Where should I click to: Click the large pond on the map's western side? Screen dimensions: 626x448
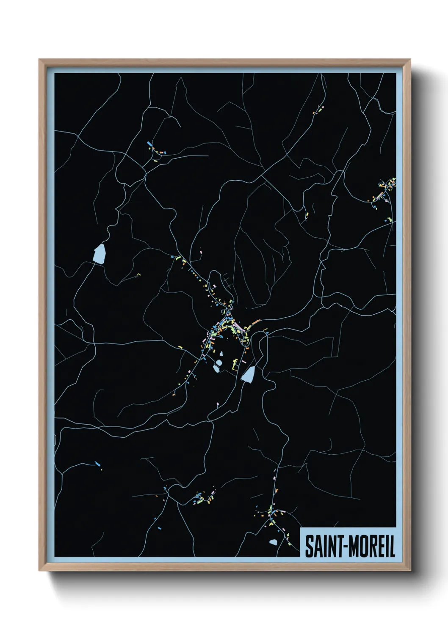pyautogui.click(x=100, y=253)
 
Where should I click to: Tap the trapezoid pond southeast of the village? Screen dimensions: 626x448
pyautogui.click(x=249, y=374)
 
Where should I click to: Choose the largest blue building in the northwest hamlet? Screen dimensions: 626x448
pyautogui.click(x=149, y=144)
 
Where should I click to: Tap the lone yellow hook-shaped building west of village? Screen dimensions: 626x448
pyautogui.click(x=138, y=275)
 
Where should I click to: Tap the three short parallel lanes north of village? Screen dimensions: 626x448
pyautogui.click(x=225, y=279)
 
